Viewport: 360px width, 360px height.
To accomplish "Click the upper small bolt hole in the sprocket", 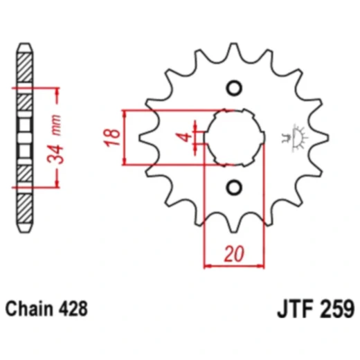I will [233, 88].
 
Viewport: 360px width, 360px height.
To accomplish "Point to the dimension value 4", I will [184, 136].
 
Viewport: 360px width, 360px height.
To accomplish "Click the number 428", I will [73, 307].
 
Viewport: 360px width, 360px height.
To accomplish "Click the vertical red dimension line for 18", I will [125, 136].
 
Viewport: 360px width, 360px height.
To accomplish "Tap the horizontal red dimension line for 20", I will [235, 265].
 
